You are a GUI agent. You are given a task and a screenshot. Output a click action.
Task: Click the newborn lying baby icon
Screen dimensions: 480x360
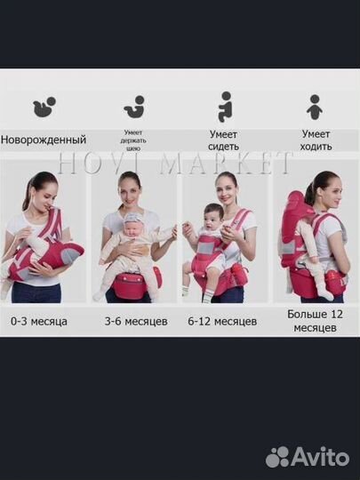point(44,108)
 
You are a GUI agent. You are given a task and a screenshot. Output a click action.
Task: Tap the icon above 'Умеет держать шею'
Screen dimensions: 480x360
point(135,109)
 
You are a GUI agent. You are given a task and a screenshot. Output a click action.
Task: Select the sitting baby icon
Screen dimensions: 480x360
point(225,107)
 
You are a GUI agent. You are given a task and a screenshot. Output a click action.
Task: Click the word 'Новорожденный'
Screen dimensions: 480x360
point(44,140)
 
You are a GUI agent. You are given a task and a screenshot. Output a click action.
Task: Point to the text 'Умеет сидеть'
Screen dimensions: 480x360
point(223,140)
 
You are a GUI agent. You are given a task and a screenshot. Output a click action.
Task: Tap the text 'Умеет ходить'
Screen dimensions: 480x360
point(316,140)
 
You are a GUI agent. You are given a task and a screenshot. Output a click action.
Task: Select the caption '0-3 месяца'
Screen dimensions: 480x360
point(40,320)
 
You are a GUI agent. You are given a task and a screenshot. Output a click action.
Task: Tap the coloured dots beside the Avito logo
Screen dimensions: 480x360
point(278,457)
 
